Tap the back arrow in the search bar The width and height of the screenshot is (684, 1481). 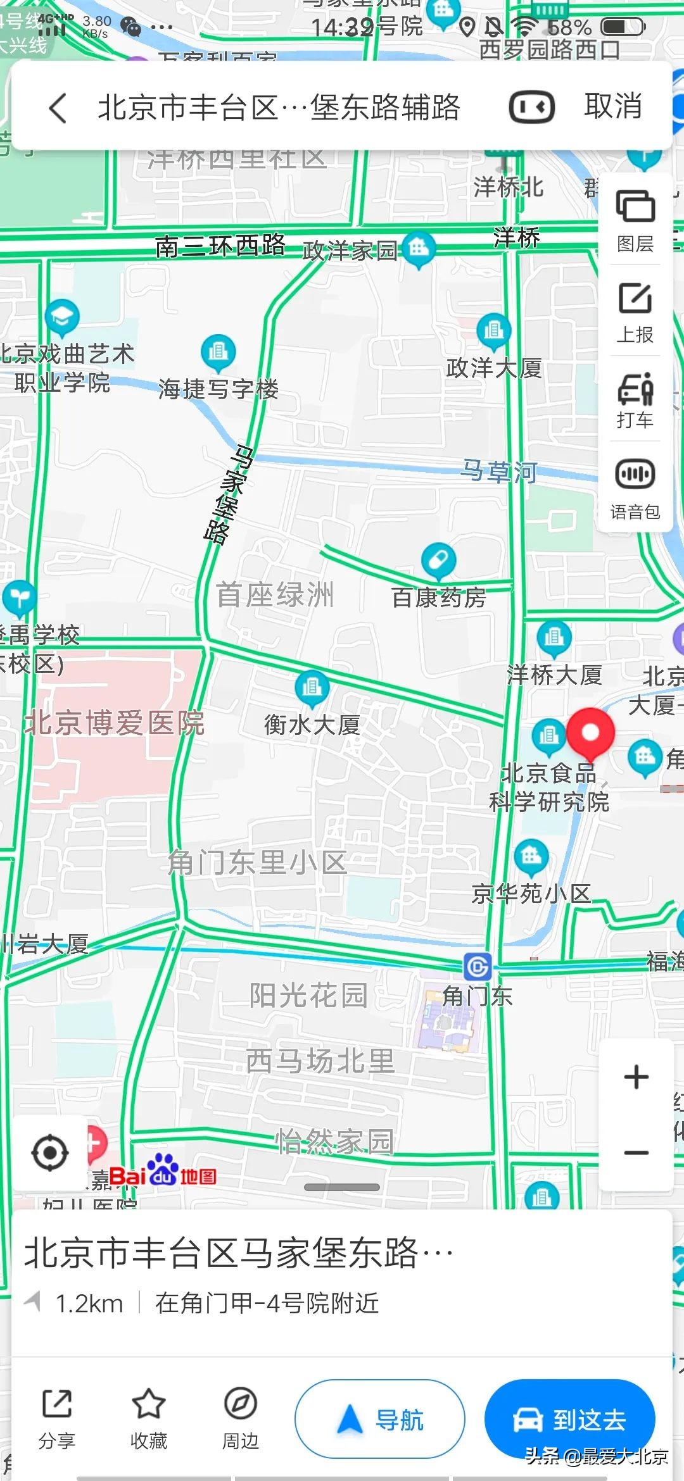tap(58, 108)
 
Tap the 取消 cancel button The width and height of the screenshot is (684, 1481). tap(612, 106)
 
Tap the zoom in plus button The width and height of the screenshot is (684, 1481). tap(636, 1077)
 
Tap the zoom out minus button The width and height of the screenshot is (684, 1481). tap(636, 1152)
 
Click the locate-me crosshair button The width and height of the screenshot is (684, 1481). tap(50, 1153)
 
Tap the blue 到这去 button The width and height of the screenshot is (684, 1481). tap(569, 1420)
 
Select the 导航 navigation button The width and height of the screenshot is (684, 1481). tap(380, 1420)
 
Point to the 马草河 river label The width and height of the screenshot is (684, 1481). tap(499, 472)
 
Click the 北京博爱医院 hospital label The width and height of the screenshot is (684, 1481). tap(115, 723)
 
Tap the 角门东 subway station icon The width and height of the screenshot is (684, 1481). tap(478, 966)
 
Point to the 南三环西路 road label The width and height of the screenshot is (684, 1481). tap(220, 246)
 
